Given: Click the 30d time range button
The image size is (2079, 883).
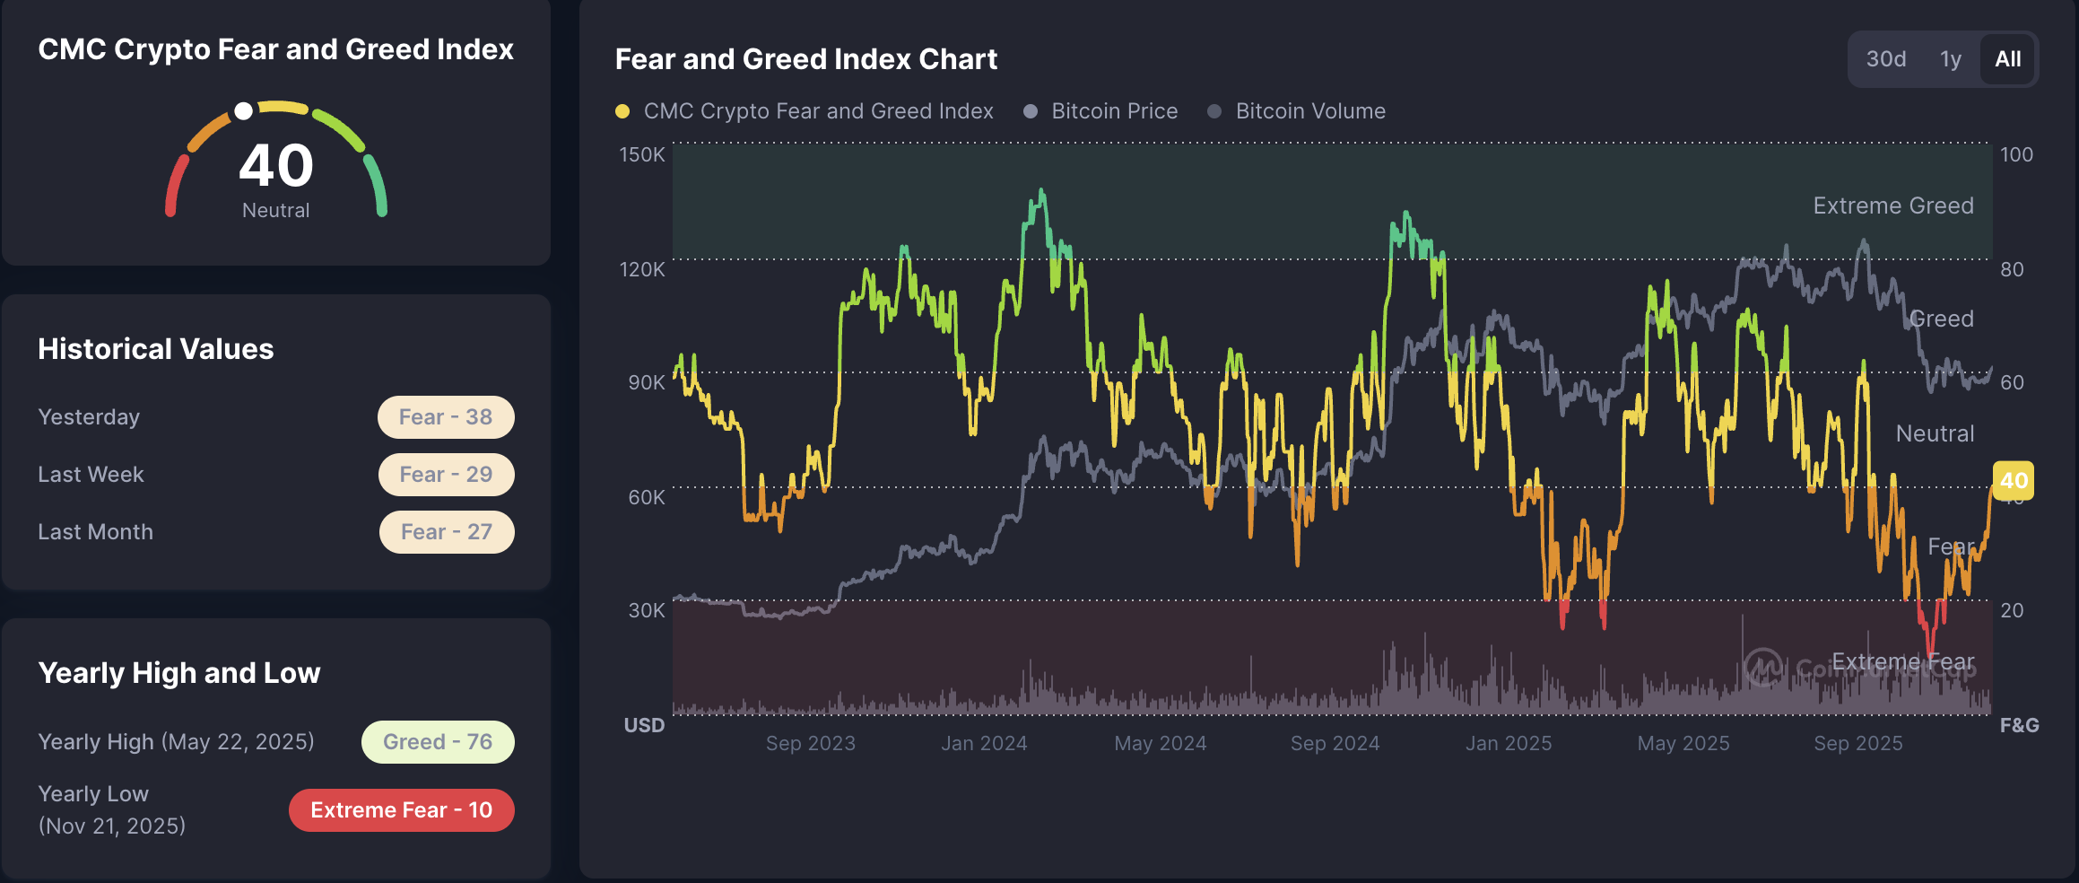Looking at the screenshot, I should click(1885, 59).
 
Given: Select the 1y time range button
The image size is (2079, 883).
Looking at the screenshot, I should click(1950, 59).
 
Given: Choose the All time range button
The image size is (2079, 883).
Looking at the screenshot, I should click(2007, 59).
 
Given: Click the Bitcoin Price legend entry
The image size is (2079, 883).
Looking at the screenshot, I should click(1114, 111).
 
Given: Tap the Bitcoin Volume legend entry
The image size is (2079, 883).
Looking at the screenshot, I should click(1309, 111).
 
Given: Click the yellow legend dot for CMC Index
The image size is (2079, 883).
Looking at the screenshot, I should click(622, 111).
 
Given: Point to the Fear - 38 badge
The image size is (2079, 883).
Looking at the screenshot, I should click(446, 417).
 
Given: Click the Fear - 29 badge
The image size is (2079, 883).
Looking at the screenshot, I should click(446, 475).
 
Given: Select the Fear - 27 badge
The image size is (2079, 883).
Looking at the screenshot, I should click(446, 532).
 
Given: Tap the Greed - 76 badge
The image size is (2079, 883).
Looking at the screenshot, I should click(438, 742).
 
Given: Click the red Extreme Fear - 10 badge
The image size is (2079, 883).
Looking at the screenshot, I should click(401, 810).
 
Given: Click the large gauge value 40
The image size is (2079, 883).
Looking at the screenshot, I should click(275, 166).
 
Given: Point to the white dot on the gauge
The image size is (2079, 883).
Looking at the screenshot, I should click(243, 111).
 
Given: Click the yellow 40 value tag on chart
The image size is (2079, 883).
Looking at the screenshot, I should click(2013, 480).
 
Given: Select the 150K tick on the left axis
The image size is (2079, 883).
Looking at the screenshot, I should click(642, 154).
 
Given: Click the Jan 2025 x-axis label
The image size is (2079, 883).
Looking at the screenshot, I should click(1509, 743).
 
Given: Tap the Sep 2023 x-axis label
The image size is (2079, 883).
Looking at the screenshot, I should click(810, 743).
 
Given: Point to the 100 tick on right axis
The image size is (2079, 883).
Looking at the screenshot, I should click(2016, 154).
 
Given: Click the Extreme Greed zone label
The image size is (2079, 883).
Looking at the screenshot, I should click(1892, 205).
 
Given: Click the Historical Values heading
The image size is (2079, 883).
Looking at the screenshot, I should click(156, 349).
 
